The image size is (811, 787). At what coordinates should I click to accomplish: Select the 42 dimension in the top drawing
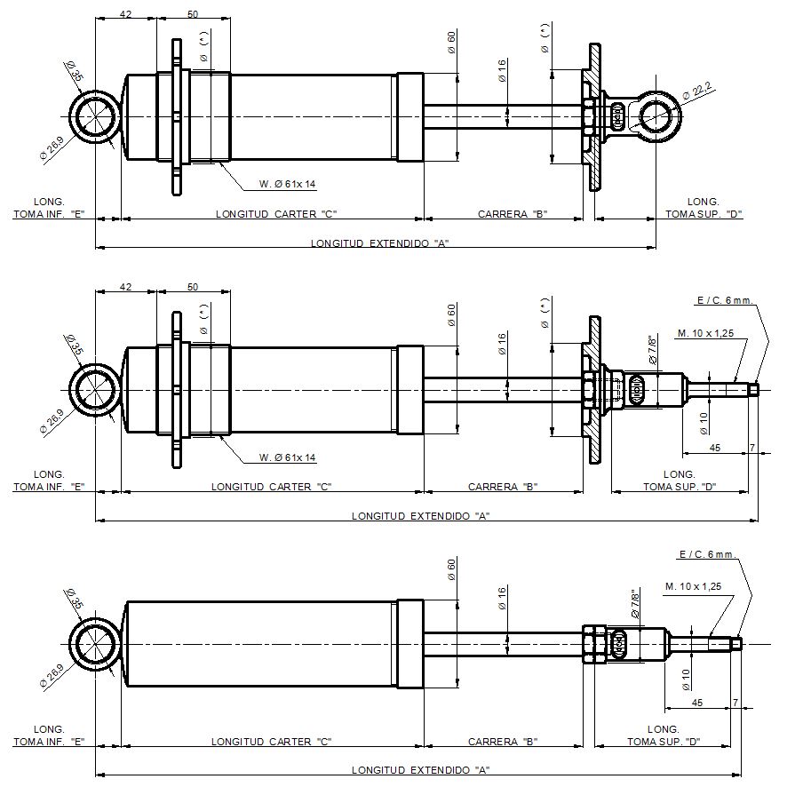[x=125, y=14]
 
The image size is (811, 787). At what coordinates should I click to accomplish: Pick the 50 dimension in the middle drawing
[x=193, y=286]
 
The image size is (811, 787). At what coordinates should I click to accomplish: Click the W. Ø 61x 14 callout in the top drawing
[x=287, y=184]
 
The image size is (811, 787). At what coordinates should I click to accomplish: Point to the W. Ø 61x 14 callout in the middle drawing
[x=287, y=457]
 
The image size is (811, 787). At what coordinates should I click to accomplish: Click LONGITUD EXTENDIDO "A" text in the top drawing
[x=379, y=243]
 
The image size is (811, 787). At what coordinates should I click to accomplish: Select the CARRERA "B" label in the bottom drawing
[x=503, y=742]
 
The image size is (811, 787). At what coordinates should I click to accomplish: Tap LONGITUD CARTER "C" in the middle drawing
[x=271, y=487]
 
